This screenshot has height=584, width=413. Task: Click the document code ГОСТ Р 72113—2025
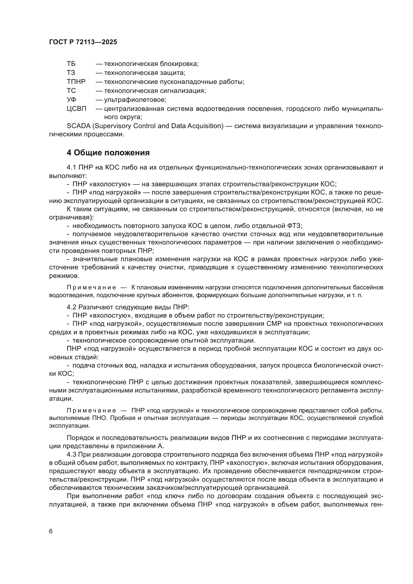coord(83,42)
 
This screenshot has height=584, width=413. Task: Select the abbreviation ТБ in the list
coord(71,64)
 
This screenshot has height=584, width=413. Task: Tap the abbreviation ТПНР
coord(76,82)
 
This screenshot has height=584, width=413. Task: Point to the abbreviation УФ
coord(71,100)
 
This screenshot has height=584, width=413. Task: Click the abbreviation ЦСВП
coord(77,109)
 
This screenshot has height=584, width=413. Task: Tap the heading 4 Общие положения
coord(108,153)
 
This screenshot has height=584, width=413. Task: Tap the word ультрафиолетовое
coord(135,100)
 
